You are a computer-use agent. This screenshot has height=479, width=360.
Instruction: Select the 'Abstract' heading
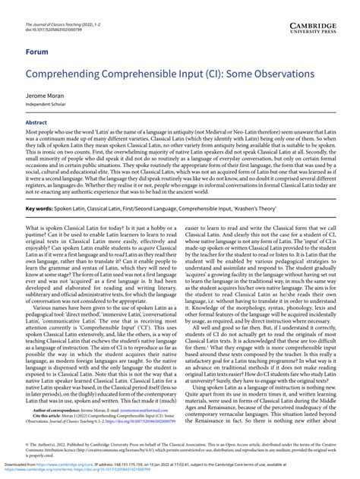36,121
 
